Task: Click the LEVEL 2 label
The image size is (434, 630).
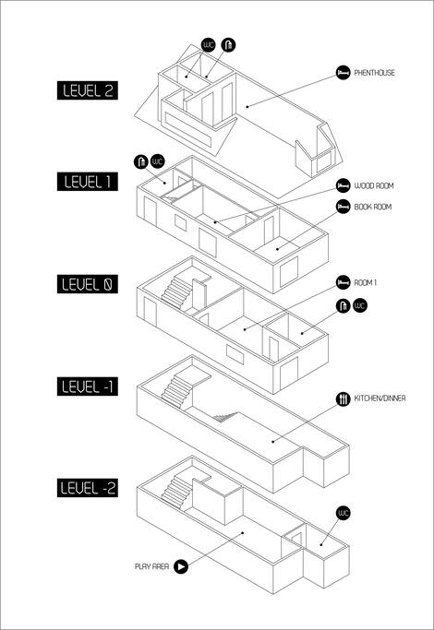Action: coord(88,90)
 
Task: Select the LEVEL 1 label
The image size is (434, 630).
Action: coord(88,182)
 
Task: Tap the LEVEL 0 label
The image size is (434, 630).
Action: coord(88,284)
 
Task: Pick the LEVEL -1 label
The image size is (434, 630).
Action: coord(88,386)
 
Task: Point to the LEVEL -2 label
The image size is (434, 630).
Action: coord(88,488)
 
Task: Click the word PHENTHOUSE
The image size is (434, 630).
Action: coord(374,73)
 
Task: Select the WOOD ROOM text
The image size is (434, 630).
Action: coord(374,185)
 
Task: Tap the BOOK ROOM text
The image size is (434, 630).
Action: coord(372,207)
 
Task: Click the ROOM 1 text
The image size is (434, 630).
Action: coord(366,282)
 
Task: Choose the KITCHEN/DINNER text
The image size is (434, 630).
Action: coord(380,398)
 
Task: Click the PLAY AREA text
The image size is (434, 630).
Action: coord(151,566)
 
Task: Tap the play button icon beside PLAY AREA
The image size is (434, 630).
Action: coord(181,566)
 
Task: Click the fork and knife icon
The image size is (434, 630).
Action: coord(344,399)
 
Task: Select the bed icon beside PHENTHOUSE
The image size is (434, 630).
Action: coord(344,73)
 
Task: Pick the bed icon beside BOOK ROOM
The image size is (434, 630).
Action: coord(344,207)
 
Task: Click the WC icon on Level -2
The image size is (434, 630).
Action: coord(344,513)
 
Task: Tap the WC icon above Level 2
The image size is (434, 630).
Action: coord(209,45)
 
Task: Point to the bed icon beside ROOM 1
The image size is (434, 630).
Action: coord(344,282)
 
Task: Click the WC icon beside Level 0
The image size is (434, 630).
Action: coord(360,305)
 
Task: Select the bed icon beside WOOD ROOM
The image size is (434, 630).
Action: coord(344,185)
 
